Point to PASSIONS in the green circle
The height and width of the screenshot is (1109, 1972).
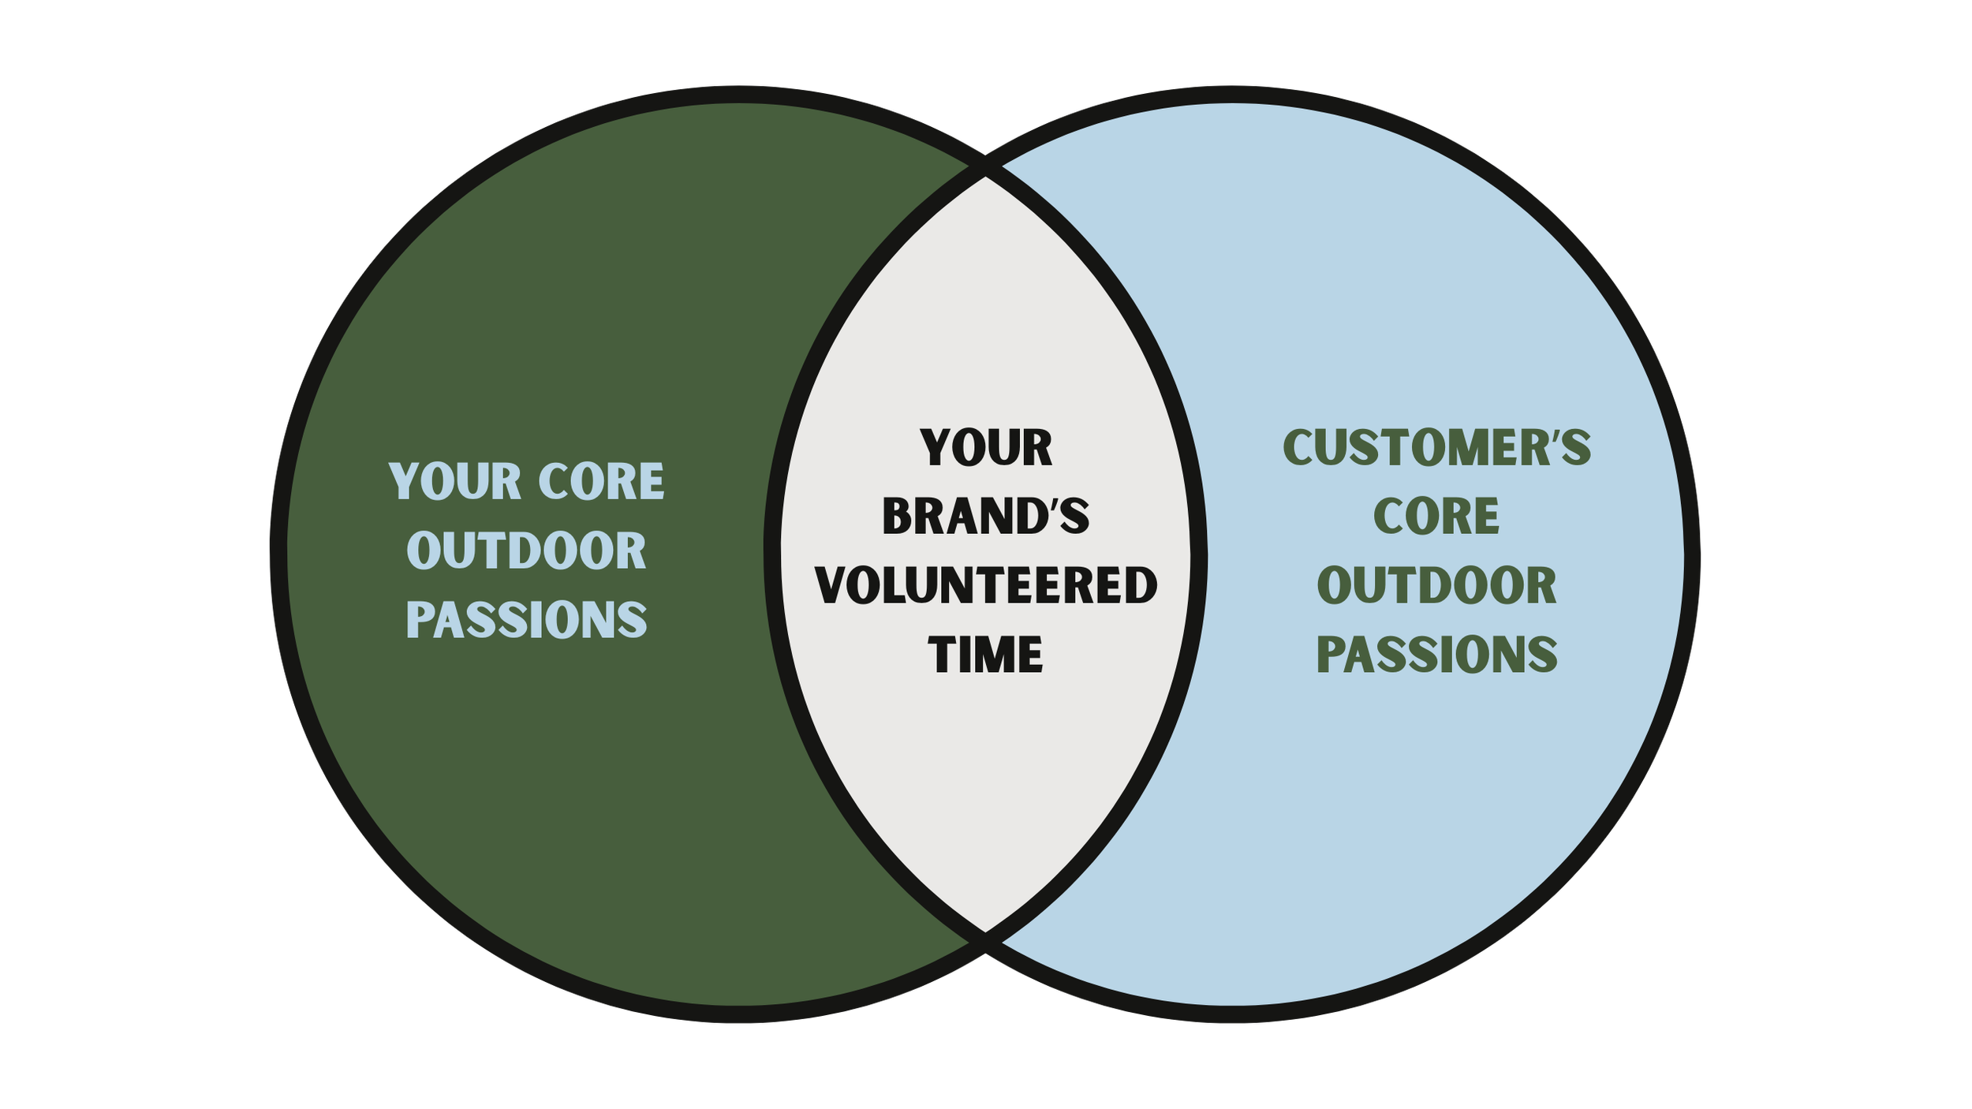point(527,620)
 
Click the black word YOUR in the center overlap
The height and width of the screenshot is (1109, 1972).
point(986,448)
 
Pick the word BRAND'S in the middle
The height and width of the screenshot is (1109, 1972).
point(986,517)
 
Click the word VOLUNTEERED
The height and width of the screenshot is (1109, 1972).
point(986,586)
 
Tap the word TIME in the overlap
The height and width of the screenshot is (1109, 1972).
point(986,655)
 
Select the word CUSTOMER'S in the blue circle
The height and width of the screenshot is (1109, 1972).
point(1437,448)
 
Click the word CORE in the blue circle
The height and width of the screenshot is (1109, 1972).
point(1436,517)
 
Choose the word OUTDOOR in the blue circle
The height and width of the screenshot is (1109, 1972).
point(1437,586)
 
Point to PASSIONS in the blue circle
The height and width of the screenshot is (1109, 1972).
point(1437,655)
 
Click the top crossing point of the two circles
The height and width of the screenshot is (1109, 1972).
point(986,167)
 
